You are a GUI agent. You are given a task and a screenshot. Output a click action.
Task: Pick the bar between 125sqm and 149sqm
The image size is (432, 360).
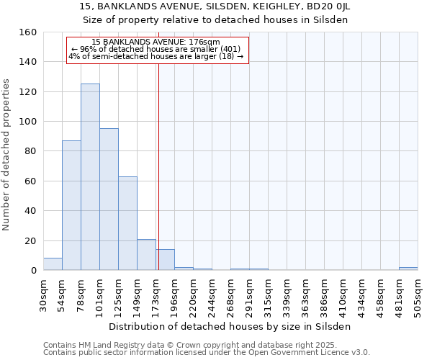127,223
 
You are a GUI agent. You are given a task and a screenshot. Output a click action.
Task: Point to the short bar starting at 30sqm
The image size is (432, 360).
53,264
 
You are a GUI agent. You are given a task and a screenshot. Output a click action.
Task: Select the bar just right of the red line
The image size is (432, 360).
166,260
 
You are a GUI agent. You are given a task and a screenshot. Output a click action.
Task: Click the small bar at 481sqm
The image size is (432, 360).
408,269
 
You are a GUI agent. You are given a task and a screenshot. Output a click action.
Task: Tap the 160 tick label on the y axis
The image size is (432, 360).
27,32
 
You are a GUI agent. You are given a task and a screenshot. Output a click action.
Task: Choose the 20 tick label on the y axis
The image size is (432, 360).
30,240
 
